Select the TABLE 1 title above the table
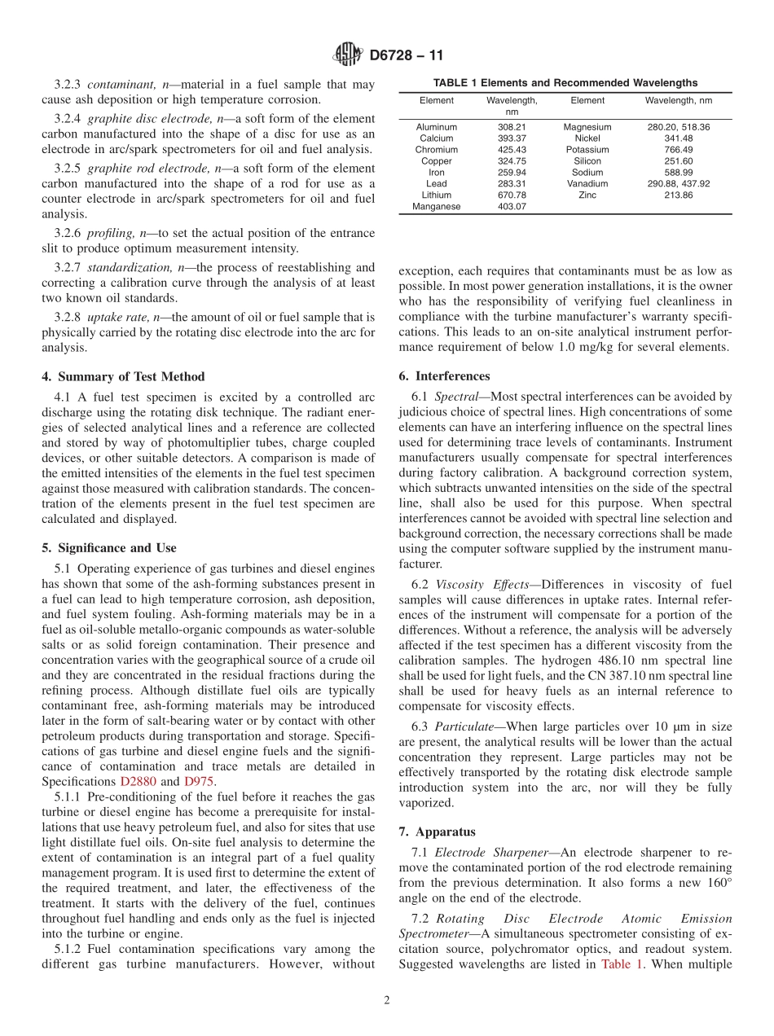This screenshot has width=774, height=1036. tap(565, 83)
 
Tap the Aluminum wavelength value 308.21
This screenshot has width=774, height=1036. tap(512, 127)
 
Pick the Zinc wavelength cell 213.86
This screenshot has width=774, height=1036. tap(678, 195)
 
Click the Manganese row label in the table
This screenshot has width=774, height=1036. tap(437, 207)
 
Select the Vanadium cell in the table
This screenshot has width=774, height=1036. tap(587, 184)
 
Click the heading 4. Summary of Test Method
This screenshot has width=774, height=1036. tap(123, 376)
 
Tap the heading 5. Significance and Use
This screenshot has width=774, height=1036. tap(109, 547)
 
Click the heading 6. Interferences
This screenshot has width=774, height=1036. tap(444, 376)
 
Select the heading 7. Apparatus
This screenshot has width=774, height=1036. tap(437, 832)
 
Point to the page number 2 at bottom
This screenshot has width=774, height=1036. tap(387, 1001)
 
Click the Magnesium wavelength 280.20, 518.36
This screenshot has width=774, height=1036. tap(678, 127)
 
